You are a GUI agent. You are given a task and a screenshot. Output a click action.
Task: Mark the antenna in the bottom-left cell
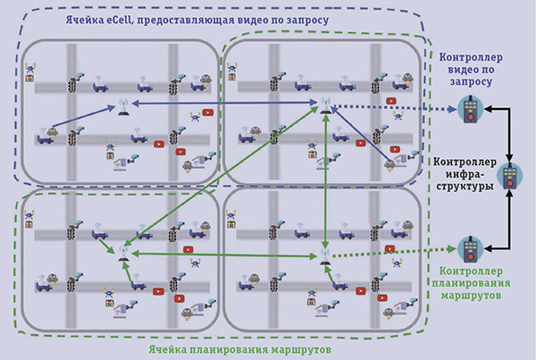click(122, 252)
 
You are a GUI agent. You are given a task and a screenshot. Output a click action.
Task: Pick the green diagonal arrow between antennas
click(223, 179)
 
